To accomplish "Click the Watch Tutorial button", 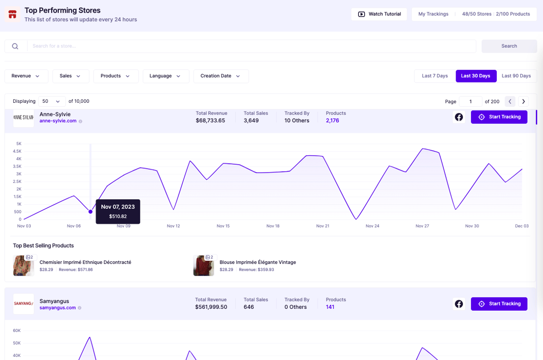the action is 379,14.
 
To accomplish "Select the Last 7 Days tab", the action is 435,76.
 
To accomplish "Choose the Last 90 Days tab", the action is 516,76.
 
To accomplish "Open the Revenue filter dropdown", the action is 26,76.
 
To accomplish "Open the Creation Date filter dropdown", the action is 221,76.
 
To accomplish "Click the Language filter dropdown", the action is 166,76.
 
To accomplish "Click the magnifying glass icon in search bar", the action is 15,46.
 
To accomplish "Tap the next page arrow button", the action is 524,101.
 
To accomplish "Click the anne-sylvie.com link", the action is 58,121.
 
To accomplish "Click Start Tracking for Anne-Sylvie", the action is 499,117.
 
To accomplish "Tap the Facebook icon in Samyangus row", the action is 459,304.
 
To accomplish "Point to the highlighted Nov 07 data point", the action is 90,212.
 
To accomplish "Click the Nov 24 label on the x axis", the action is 372,226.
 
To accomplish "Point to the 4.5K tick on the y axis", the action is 17,151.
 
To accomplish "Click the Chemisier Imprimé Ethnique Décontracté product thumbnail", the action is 24,265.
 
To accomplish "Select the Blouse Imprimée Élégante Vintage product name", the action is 257,262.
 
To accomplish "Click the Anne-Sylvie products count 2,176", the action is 332,120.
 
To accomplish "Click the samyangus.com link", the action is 58,307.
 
